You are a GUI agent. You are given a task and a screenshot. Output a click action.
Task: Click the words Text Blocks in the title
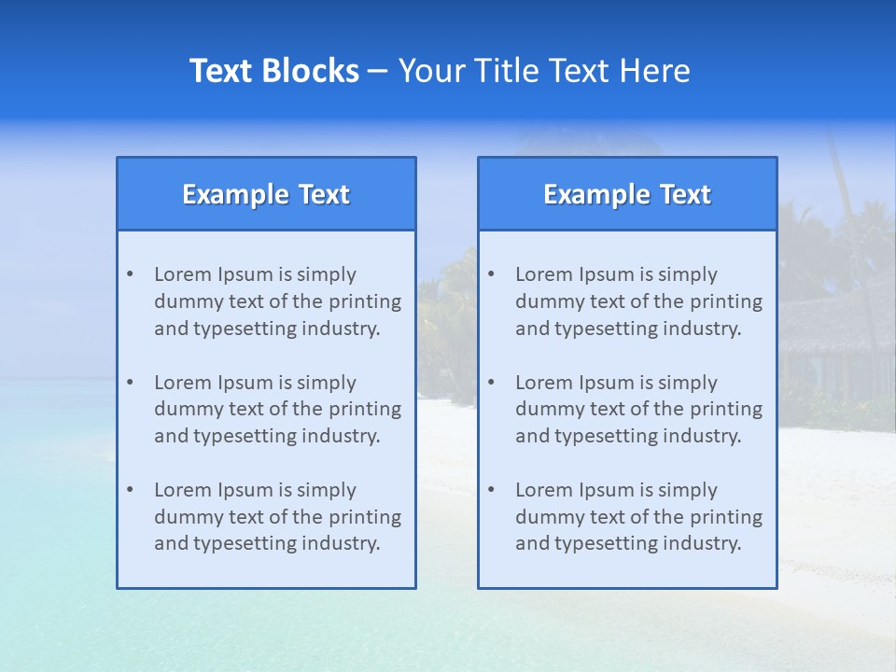(x=273, y=71)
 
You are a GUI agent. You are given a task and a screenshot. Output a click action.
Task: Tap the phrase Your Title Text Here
(x=544, y=71)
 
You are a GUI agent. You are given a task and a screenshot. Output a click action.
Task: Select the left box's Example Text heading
(x=266, y=194)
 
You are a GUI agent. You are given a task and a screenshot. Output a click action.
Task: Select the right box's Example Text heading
(x=627, y=194)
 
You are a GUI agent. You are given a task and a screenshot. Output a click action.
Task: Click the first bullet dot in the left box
(x=130, y=274)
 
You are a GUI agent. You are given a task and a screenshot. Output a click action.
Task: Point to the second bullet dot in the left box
(x=130, y=383)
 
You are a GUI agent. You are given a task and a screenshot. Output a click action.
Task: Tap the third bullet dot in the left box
(x=130, y=490)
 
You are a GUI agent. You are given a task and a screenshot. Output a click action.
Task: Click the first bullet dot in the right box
(x=491, y=274)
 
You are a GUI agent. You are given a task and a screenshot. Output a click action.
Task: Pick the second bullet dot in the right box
(x=491, y=383)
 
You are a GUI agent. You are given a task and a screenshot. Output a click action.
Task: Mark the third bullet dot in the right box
(x=491, y=490)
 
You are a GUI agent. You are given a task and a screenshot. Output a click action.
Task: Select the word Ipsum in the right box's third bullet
(x=608, y=490)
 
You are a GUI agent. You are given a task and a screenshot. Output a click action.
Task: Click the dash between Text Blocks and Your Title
(x=378, y=72)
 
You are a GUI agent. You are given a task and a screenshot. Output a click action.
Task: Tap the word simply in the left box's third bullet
(x=327, y=490)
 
